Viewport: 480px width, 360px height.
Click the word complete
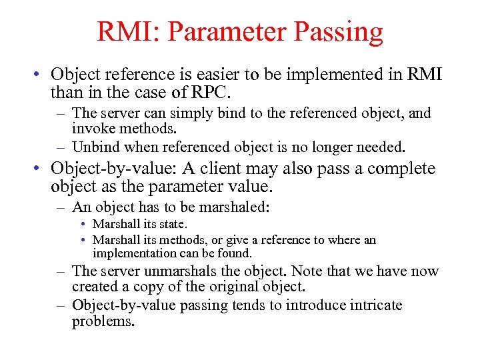[x=401, y=169]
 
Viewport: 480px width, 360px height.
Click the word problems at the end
[x=103, y=321]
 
